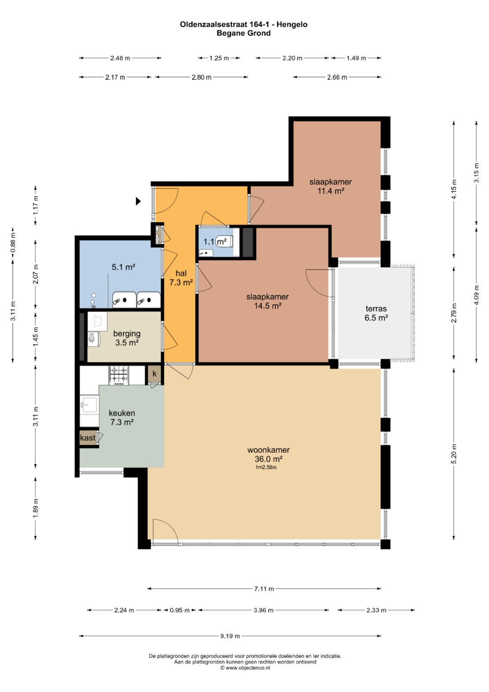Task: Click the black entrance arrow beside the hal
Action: pyautogui.click(x=138, y=201)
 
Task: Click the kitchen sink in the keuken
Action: pyautogui.click(x=89, y=405)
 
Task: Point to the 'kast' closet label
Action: pyautogui.click(x=88, y=438)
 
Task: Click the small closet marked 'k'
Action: pyautogui.click(x=154, y=374)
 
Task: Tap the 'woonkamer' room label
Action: pyautogui.click(x=268, y=450)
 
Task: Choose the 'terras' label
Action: pyautogui.click(x=376, y=309)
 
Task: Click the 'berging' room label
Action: pyautogui.click(x=127, y=334)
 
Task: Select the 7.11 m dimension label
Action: pyautogui.click(x=264, y=589)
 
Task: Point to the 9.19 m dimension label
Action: pyautogui.click(x=230, y=636)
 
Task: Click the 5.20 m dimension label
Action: pyautogui.click(x=454, y=454)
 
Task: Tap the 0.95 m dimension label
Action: pyautogui.click(x=180, y=610)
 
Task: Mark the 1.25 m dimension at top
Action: pyautogui.click(x=219, y=58)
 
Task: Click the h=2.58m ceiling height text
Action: pyautogui.click(x=266, y=467)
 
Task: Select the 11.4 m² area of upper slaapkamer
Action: pyautogui.click(x=331, y=191)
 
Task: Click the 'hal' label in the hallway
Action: pyautogui.click(x=181, y=273)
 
